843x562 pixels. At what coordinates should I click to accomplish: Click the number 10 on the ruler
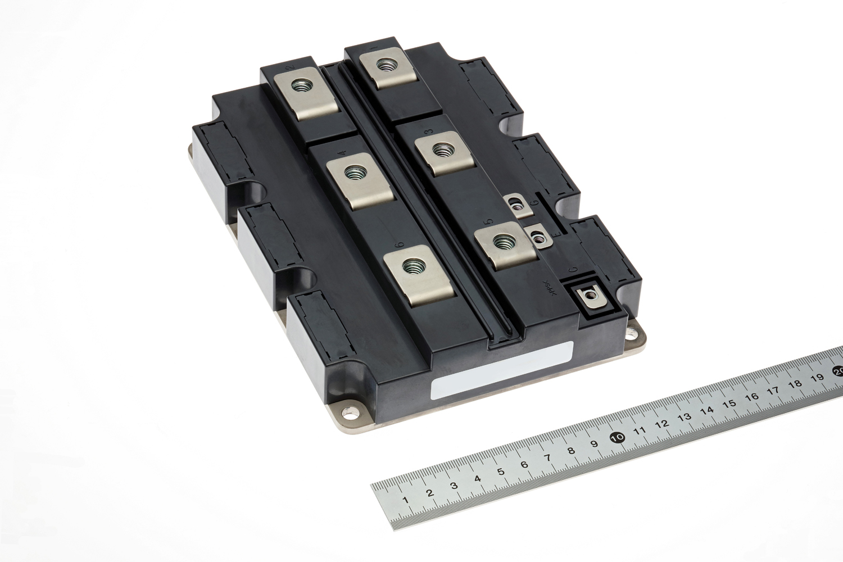(x=617, y=437)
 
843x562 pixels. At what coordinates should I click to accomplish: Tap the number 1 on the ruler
(x=406, y=500)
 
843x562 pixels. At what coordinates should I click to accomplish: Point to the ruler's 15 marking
(x=729, y=404)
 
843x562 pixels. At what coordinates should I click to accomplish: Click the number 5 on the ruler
(x=500, y=472)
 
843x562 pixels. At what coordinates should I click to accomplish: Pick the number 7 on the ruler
(x=547, y=457)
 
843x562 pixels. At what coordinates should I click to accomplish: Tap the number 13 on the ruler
(x=684, y=417)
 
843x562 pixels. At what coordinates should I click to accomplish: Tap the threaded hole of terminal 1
(x=385, y=66)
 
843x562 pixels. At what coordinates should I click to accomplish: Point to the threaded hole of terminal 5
(x=501, y=242)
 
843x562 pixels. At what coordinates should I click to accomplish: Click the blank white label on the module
(x=501, y=371)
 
